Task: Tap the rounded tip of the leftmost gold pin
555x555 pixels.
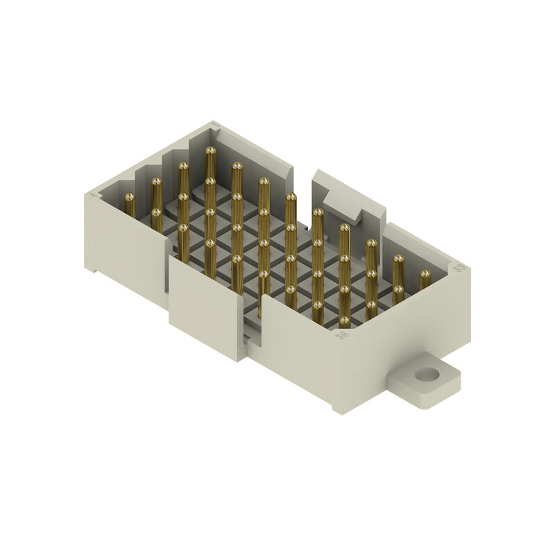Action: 129,198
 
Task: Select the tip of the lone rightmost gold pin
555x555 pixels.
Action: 425,275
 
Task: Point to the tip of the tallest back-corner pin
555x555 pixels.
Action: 210,151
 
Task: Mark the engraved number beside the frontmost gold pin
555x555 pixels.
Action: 341,335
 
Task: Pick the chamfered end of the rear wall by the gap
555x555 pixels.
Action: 291,173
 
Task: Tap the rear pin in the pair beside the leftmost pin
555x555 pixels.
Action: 157,183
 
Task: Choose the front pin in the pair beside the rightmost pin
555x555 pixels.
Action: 398,290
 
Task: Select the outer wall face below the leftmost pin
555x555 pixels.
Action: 125,250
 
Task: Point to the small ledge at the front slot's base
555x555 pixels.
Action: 251,338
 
